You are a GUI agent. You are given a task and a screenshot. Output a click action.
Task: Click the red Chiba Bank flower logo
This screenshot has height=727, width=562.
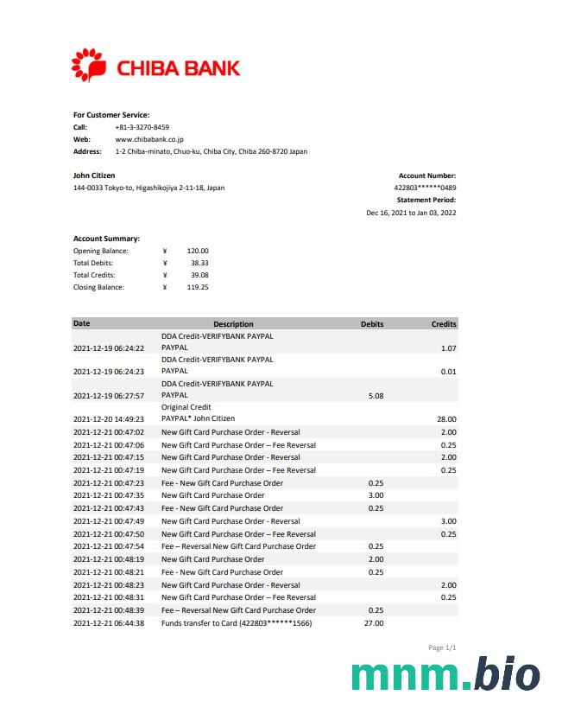point(88,66)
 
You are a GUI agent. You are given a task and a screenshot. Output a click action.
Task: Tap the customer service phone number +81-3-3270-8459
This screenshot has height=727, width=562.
point(142,127)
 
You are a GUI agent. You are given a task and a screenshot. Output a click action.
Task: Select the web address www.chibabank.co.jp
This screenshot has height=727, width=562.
point(149,139)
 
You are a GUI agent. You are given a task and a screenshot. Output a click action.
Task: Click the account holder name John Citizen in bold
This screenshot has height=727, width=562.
point(94,175)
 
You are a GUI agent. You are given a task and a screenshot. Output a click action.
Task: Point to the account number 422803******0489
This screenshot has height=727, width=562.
point(425,188)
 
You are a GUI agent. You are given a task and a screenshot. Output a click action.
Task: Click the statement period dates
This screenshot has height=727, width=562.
point(411,213)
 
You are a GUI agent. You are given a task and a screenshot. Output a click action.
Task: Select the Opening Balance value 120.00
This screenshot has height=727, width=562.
point(198,251)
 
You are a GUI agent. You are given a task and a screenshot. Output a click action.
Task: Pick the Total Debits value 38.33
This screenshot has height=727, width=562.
point(199,263)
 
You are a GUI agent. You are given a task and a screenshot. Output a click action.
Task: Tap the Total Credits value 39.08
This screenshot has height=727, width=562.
point(199,275)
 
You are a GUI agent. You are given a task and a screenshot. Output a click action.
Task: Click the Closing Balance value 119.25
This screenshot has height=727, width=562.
point(198,287)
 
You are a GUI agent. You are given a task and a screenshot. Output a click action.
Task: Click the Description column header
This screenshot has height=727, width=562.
point(233,324)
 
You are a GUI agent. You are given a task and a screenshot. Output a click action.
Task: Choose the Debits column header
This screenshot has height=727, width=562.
point(372,324)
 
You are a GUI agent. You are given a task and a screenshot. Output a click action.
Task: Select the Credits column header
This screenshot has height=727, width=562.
point(444,324)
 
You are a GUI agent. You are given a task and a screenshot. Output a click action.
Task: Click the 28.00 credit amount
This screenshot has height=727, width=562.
point(446,419)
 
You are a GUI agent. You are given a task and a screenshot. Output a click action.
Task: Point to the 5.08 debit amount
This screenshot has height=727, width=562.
point(376,396)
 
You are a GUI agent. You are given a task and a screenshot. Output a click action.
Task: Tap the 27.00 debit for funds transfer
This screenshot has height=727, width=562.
point(376,623)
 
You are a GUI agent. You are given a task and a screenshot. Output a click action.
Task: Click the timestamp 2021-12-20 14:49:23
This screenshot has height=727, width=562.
point(109,419)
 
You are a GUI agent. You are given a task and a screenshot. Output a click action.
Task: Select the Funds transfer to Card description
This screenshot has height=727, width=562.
point(237,623)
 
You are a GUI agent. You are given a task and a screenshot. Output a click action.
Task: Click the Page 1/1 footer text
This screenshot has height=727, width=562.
point(442,647)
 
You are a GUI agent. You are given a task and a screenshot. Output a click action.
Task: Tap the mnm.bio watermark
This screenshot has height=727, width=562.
point(445,676)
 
